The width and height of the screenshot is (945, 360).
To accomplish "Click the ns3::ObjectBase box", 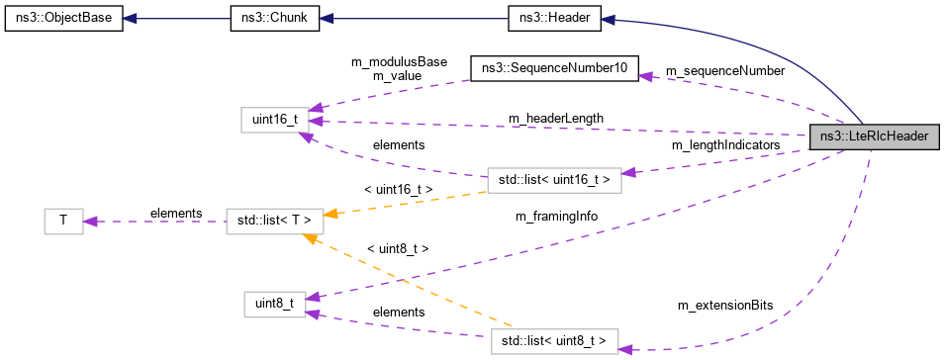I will tap(63, 19).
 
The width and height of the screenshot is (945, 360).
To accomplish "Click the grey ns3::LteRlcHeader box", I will tap(873, 137).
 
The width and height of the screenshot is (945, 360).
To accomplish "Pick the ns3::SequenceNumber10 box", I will tap(554, 68).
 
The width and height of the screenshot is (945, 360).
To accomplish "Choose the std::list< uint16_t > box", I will tap(554, 179).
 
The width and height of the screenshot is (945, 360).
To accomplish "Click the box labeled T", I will tap(63, 221).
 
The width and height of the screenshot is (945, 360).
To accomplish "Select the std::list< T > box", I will tap(269, 221).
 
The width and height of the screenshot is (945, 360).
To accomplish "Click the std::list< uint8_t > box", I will tap(554, 341).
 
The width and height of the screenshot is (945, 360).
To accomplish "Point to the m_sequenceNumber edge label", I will tap(725, 71).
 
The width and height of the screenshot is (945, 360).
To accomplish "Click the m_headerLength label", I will tap(556, 119).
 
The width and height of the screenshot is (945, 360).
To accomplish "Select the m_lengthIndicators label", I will tap(725, 145).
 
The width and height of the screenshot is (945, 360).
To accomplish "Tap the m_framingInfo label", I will tap(556, 215).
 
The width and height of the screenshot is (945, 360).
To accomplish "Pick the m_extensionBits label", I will tap(725, 307).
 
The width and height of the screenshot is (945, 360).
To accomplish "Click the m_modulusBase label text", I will tap(399, 61).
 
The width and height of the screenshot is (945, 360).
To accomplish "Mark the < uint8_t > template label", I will tap(397, 249).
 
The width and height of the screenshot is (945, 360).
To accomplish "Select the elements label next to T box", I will tap(176, 214).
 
